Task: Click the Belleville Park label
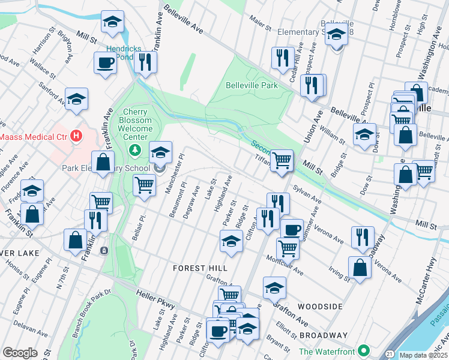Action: (x=252, y=85)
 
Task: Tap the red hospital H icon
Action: (x=76, y=136)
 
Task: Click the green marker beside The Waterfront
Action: (x=363, y=350)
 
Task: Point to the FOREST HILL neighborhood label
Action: (x=196, y=268)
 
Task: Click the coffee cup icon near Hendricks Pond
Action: (x=106, y=62)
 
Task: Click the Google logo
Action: (x=20, y=353)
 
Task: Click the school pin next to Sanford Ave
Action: (x=76, y=98)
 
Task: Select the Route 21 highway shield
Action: (x=390, y=355)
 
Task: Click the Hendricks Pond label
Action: (x=119, y=52)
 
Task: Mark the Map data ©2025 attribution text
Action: (x=423, y=355)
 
